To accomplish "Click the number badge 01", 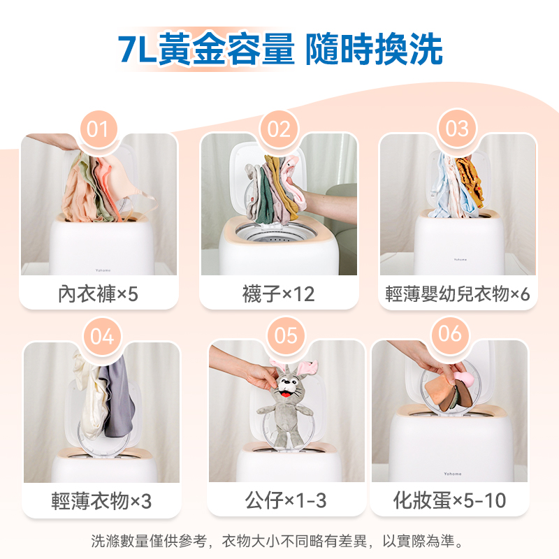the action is click(x=98, y=129).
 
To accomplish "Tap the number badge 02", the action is click(x=279, y=129).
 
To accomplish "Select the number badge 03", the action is click(x=457, y=129).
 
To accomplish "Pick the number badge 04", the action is click(x=102, y=336).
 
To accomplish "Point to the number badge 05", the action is click(x=286, y=335).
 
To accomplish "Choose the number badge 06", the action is click(x=450, y=334).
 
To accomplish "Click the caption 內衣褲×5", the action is click(x=98, y=294).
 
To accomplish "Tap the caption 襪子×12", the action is click(x=278, y=294).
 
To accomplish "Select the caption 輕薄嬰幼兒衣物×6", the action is click(x=458, y=294).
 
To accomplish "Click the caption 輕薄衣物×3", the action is click(x=101, y=501).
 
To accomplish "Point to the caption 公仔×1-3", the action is click(x=286, y=500).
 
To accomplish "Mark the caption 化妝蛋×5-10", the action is click(x=449, y=500).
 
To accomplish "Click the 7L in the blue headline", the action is click(x=137, y=49).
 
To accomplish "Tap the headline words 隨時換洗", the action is click(x=374, y=49).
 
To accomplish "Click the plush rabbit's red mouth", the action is click(x=285, y=394).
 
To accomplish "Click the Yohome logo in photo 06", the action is click(x=452, y=474).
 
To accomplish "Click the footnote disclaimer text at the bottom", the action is click(x=277, y=541).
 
